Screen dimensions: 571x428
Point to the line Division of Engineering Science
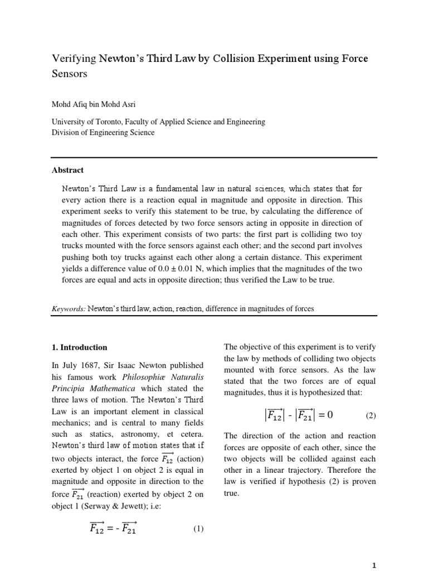[x=103, y=133]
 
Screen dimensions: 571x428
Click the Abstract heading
[x=68, y=171]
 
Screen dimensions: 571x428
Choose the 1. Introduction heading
[x=79, y=347]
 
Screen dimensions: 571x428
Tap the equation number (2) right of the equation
[x=371, y=416]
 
